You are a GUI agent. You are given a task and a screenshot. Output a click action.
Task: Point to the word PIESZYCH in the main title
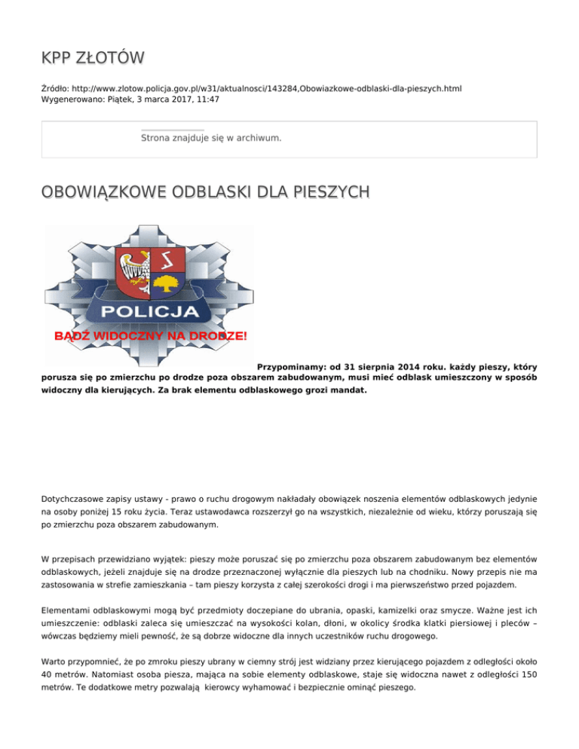click(x=328, y=194)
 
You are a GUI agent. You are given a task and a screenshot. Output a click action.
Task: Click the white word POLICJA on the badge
click(x=150, y=311)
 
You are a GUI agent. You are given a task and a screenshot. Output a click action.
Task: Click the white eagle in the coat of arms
click(x=136, y=265)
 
